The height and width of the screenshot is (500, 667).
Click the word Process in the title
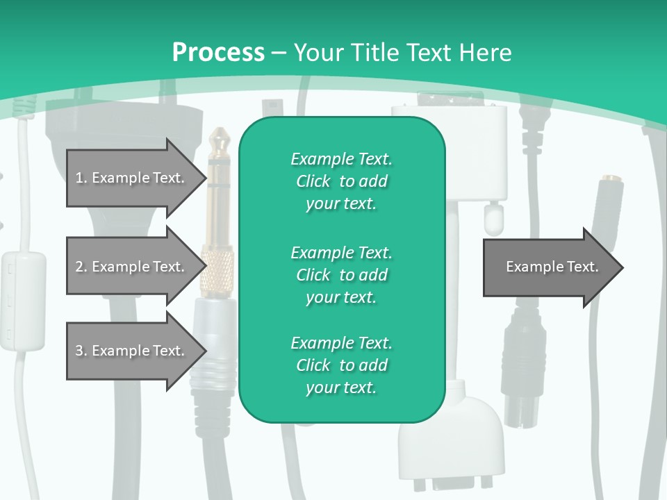(218, 52)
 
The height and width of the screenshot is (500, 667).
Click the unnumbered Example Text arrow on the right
(552, 267)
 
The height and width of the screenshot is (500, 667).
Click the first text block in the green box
(341, 181)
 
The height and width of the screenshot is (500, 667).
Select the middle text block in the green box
(341, 274)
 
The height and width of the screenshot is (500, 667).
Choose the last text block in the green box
(341, 365)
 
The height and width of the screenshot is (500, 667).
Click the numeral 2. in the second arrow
(81, 267)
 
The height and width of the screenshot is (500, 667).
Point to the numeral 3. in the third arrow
(81, 351)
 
